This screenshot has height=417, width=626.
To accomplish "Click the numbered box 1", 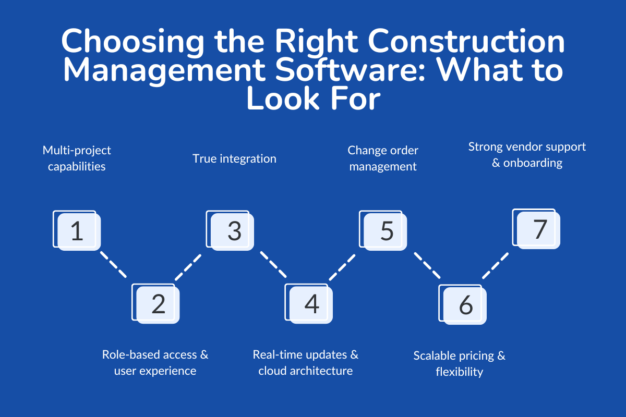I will pos(77,231).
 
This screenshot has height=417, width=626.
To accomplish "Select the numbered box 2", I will pos(158,304).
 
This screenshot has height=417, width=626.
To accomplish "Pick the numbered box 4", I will pos(311,304).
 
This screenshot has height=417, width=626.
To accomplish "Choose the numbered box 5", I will pos(386,231).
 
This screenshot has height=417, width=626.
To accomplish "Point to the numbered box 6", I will pos(465,305).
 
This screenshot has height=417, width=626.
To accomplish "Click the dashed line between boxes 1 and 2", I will pos(113,264).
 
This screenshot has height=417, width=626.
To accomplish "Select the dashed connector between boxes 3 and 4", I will pos(273,265).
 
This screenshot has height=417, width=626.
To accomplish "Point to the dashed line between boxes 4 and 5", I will pos(342,267).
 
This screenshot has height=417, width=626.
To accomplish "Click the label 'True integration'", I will pos(234,158).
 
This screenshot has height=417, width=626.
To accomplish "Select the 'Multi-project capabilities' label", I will pos(77,158).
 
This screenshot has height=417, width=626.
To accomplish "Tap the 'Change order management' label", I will pos(383,158).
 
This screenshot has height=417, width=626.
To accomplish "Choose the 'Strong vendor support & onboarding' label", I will pos(527,154).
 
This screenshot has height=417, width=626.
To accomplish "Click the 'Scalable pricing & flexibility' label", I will pos(460,363).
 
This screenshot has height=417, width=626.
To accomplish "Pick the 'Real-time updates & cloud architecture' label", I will pos(306,362).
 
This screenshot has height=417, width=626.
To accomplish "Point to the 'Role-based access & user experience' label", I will pos(155,362).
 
